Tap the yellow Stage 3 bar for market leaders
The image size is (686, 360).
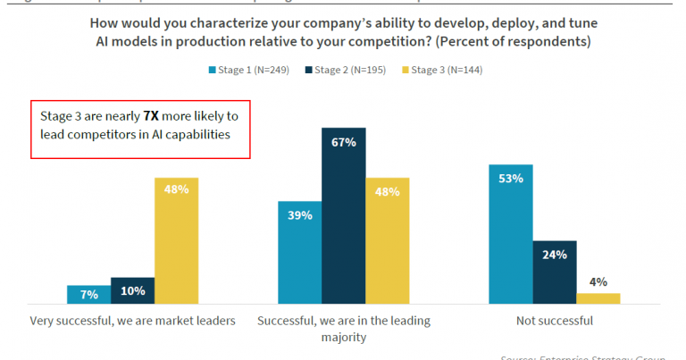(176, 240)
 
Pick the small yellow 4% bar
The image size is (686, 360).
(598, 297)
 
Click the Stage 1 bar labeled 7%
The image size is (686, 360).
(88, 294)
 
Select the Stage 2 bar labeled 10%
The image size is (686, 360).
(132, 290)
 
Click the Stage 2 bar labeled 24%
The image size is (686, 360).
(555, 272)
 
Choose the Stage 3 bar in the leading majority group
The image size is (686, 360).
(387, 240)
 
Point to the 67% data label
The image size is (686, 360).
(344, 141)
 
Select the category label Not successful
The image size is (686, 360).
(554, 321)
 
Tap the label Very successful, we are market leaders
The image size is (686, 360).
(132, 321)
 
